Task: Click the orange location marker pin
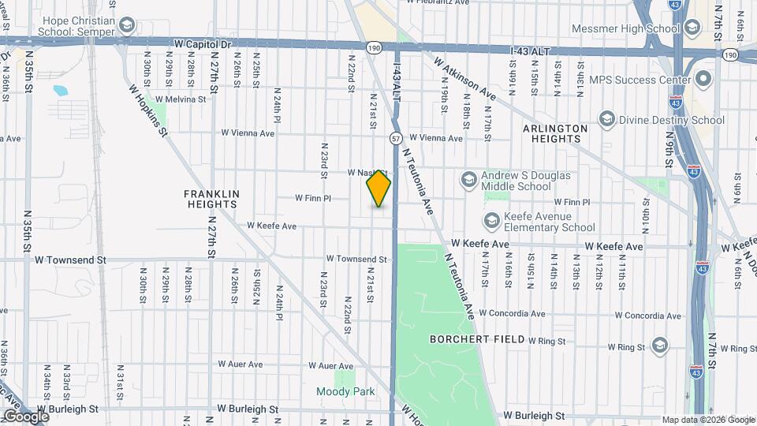(x=378, y=189)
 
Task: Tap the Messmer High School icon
(x=692, y=29)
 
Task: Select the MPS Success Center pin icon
(x=703, y=80)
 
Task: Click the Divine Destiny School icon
(x=607, y=120)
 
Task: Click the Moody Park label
(x=345, y=391)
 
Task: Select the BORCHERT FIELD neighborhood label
(x=477, y=339)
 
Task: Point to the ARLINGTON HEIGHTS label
(x=555, y=133)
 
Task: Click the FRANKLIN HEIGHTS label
(x=211, y=198)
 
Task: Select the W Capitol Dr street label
(x=197, y=44)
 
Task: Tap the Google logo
(x=26, y=416)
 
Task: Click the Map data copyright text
(x=708, y=420)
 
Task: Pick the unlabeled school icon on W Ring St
(x=659, y=346)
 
